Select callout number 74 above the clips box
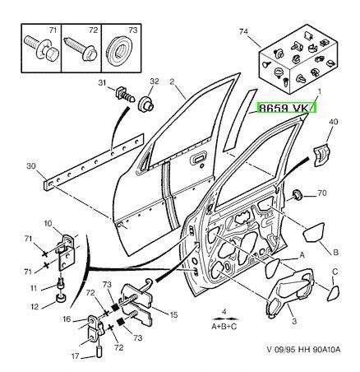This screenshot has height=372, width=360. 243,31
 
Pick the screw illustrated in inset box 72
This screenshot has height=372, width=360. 81,49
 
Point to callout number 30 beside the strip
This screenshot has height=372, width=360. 31,166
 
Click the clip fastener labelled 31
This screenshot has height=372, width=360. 125,95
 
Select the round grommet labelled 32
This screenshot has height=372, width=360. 147,104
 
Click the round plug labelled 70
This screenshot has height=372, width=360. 297,195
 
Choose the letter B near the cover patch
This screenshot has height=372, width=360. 335,252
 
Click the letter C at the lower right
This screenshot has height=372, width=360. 335,272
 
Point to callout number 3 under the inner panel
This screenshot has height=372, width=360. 294,321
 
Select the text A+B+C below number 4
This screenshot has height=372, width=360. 224,327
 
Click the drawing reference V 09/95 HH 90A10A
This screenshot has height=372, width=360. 303,350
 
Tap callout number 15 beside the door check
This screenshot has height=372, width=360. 173,315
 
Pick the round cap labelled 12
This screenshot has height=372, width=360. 61,298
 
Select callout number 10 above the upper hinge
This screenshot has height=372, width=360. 48,224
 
